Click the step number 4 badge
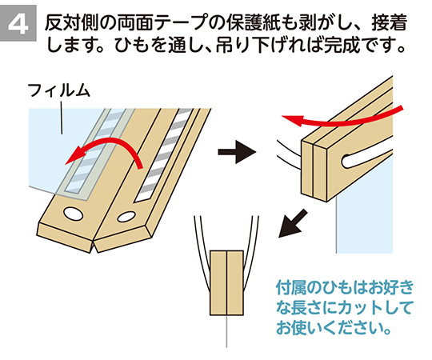click(x=18, y=23)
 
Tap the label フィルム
click(x=59, y=90)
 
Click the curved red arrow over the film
click(x=110, y=144)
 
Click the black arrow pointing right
click(x=237, y=152)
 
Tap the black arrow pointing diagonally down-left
click(x=293, y=223)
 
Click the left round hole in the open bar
click(x=74, y=213)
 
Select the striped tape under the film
click(x=97, y=152)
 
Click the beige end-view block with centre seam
click(x=226, y=283)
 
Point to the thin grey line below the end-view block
click(x=226, y=332)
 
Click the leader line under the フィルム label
click(x=61, y=118)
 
